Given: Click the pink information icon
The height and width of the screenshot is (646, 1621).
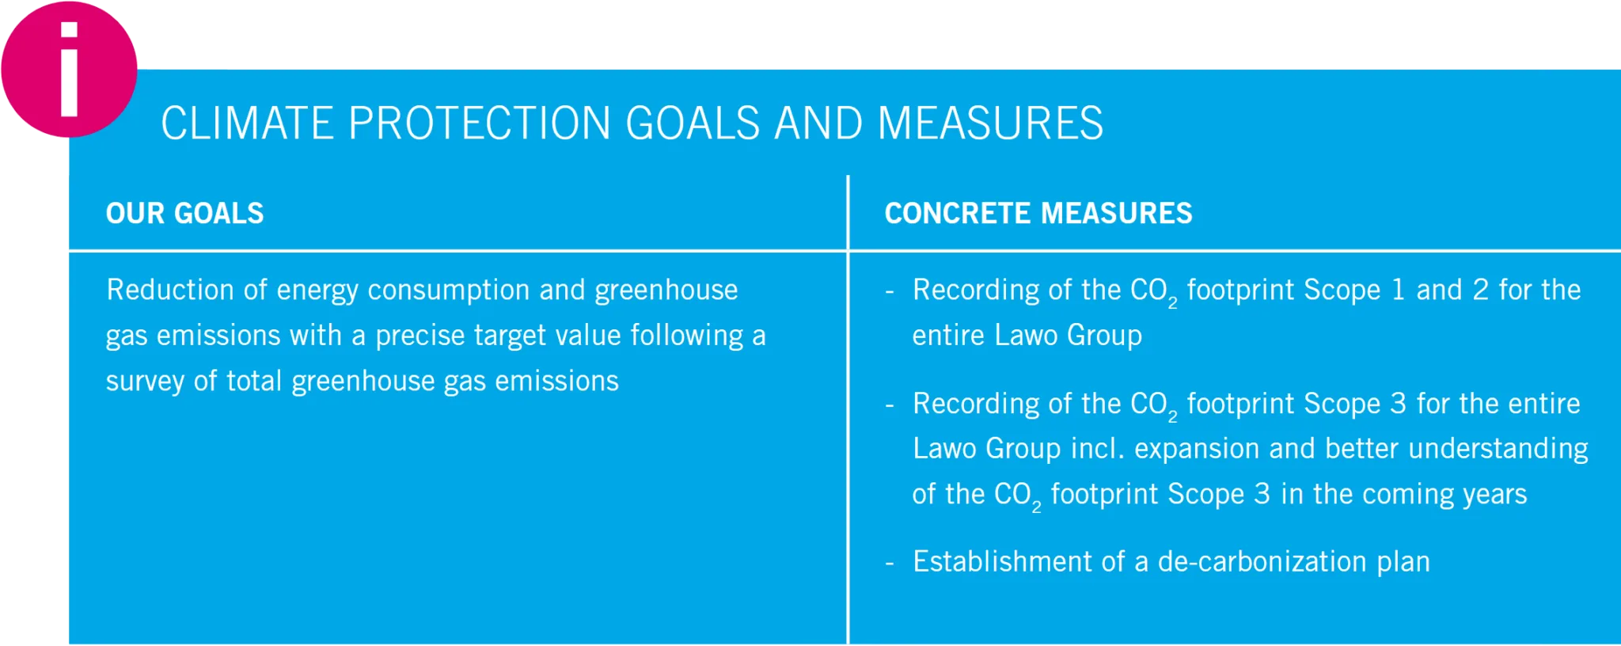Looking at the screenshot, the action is [x=69, y=70].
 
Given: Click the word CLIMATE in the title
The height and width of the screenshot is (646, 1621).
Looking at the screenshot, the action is [x=248, y=123].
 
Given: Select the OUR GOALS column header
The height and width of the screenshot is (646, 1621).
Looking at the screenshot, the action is [x=185, y=213].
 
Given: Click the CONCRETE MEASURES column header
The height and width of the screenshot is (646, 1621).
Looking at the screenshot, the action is [x=1038, y=213].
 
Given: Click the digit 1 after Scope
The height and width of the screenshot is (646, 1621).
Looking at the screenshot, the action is [x=1399, y=290].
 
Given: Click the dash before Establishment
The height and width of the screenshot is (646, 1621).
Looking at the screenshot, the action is [x=890, y=563].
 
